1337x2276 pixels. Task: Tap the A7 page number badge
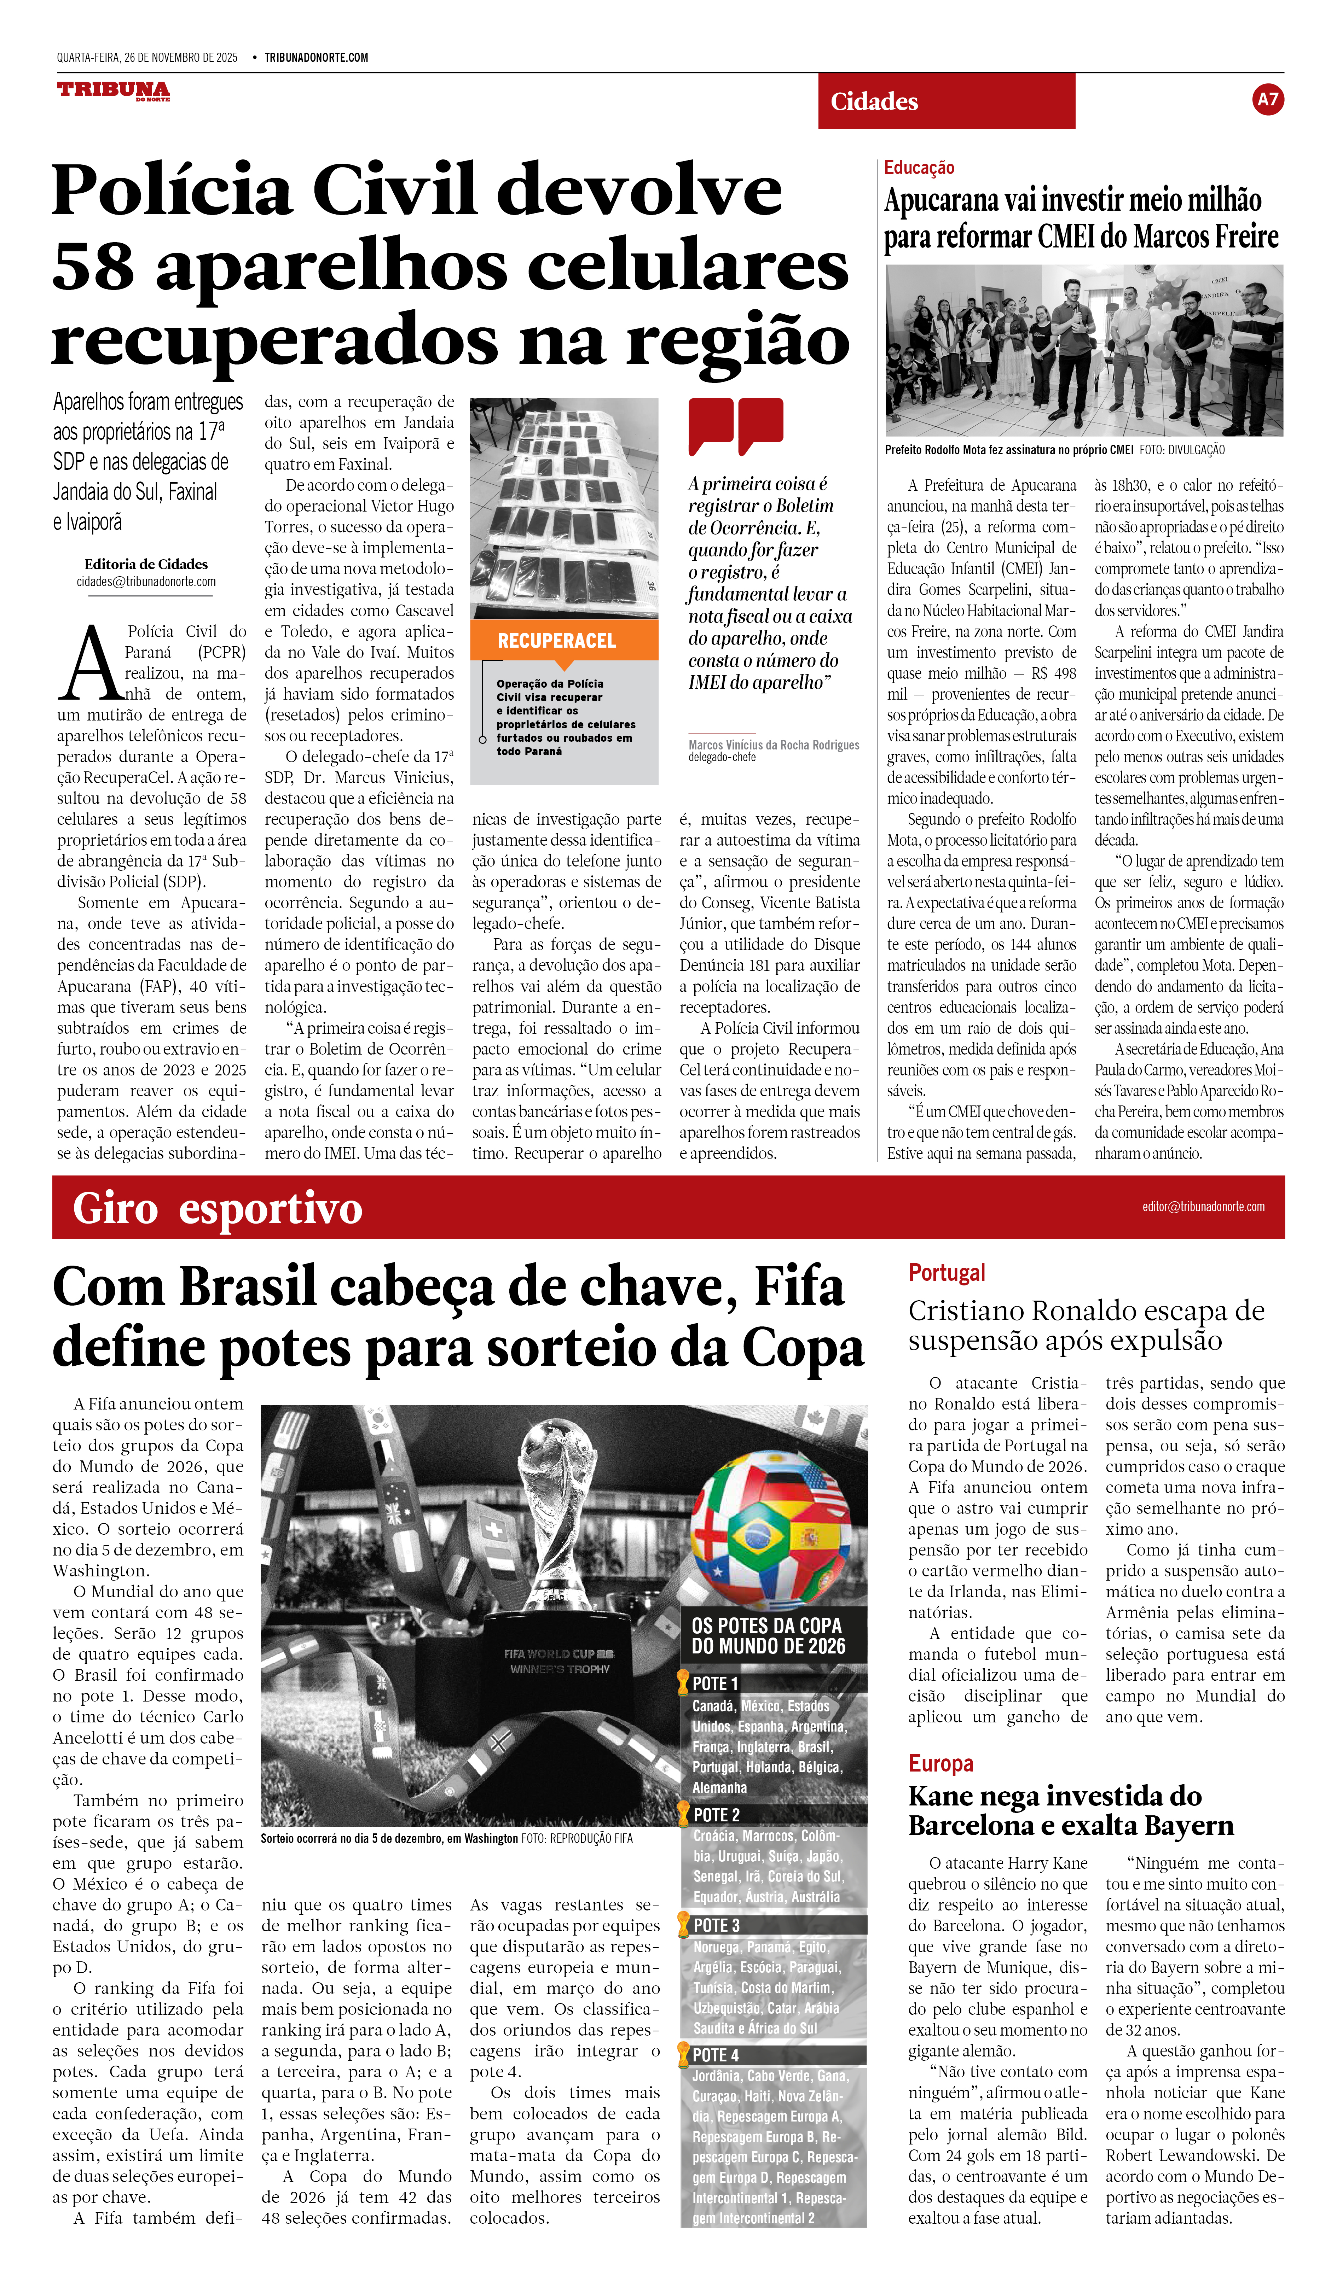[1267, 99]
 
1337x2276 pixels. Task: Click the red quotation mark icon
[735, 425]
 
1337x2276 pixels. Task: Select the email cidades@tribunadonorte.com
[146, 582]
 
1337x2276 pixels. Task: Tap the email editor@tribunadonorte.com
[1202, 1207]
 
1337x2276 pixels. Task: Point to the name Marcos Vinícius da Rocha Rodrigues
[773, 745]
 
